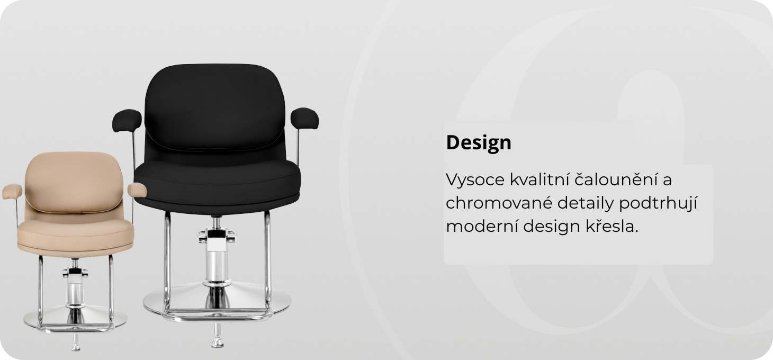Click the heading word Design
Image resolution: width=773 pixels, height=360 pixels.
coord(479,142)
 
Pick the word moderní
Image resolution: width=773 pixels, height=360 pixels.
coord(482,227)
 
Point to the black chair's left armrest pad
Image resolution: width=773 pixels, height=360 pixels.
coord(127,120)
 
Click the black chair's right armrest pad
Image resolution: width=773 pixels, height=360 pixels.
coord(304,119)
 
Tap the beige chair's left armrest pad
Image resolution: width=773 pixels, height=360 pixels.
coord(12,192)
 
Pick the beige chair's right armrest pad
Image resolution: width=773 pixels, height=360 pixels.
coord(137,190)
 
